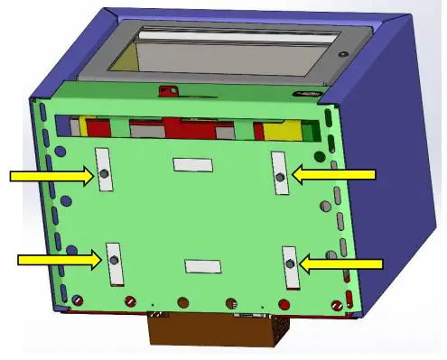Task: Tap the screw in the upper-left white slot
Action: (x=104, y=173)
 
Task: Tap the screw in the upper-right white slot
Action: (x=280, y=173)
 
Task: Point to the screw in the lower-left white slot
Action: (x=113, y=261)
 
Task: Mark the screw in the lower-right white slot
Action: (x=289, y=263)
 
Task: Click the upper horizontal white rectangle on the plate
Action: (x=192, y=164)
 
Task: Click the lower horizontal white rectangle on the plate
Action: (x=202, y=265)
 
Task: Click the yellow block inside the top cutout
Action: (x=283, y=130)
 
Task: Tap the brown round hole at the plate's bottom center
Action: (x=183, y=302)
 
